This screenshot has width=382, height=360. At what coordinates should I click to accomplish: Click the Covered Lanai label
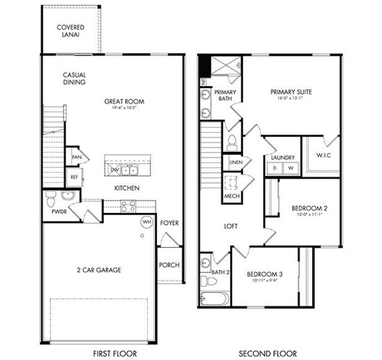(x=70, y=31)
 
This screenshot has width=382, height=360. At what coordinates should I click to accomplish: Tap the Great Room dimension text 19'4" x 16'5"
(x=124, y=109)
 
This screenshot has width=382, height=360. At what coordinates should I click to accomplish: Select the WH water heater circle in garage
(x=146, y=221)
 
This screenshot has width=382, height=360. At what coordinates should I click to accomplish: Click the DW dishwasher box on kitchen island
(x=114, y=170)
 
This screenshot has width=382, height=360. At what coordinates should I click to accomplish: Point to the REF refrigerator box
(x=74, y=177)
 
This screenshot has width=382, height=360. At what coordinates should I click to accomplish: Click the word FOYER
(x=169, y=223)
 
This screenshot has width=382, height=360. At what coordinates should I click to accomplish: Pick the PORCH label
(x=169, y=265)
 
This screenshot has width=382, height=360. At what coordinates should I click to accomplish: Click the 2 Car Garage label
(x=99, y=270)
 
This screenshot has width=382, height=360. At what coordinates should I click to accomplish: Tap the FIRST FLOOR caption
(x=115, y=353)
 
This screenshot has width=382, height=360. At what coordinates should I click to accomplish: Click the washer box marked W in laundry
(x=290, y=168)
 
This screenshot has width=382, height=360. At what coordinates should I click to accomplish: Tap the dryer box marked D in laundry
(x=275, y=168)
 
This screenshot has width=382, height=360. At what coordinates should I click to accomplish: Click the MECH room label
(x=232, y=196)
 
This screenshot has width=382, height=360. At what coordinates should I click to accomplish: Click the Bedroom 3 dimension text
(x=264, y=280)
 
